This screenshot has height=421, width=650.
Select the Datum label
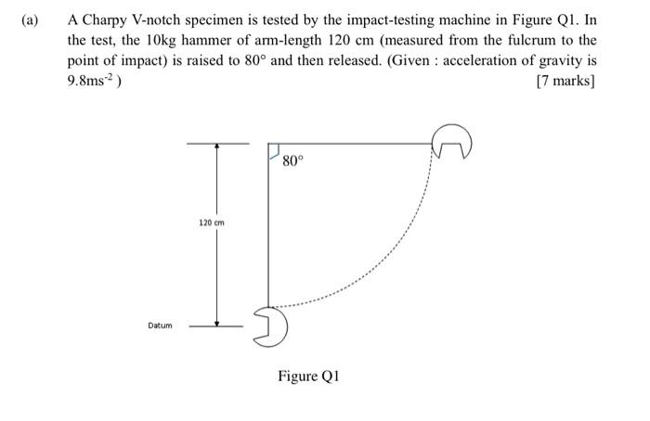(x=160, y=325)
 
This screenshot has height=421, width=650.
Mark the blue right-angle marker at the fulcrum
(x=274, y=150)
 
